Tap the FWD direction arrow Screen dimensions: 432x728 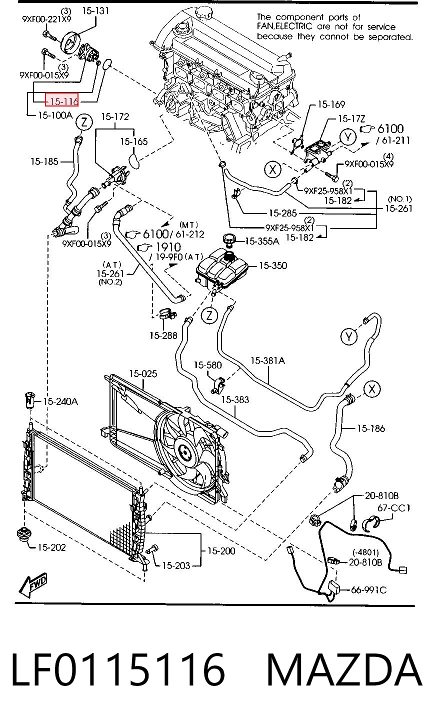pyautogui.click(x=33, y=585)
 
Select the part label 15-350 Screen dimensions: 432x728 pyautogui.click(x=273, y=265)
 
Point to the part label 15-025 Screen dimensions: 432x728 pyautogui.click(x=143, y=374)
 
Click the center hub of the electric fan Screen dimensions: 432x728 pyautogui.click(x=184, y=451)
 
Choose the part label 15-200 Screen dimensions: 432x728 pyautogui.click(x=221, y=550)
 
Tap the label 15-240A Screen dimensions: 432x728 pyautogui.click(x=60, y=401)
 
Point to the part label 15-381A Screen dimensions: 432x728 pyautogui.click(x=267, y=360)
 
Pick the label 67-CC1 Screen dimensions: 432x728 pyautogui.click(x=393, y=507)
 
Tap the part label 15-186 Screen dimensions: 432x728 pyautogui.click(x=371, y=428)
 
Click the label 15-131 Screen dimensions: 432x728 pyautogui.click(x=95, y=10)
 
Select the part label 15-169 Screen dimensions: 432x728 pyautogui.click(x=331, y=104)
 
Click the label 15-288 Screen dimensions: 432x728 pyautogui.click(x=163, y=335)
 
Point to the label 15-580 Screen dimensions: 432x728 pyautogui.click(x=208, y=365)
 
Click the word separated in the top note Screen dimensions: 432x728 pyautogui.click(x=390, y=37)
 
